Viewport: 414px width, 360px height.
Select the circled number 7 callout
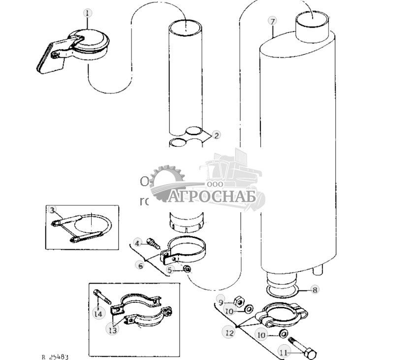(x=272, y=21)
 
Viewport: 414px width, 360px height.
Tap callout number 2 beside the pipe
(x=217, y=134)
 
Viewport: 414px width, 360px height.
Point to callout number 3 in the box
(x=53, y=210)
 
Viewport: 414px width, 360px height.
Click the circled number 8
(x=315, y=290)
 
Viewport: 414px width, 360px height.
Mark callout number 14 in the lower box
(x=98, y=313)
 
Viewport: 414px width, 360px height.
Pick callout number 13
(x=113, y=330)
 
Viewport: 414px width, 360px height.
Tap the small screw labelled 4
(x=152, y=242)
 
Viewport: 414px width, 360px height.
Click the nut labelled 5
(x=187, y=269)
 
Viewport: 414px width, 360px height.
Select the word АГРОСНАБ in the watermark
(x=213, y=196)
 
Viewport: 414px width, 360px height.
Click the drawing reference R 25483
(x=55, y=356)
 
